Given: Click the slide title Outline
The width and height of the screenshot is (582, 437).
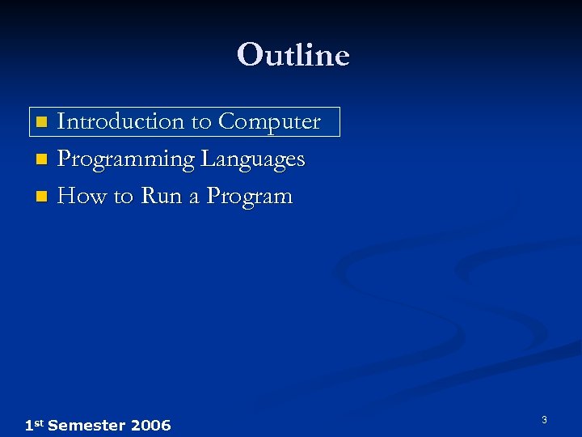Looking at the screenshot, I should [x=293, y=55].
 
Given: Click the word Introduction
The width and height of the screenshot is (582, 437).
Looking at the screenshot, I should [x=121, y=121].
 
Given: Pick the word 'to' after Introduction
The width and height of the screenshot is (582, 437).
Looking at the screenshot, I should [x=200, y=122].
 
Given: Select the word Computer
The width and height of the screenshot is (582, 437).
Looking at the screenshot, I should [x=269, y=121].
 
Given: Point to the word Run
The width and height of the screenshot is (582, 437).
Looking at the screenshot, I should [x=162, y=196].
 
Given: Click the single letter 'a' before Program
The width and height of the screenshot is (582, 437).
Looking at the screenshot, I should [x=194, y=197].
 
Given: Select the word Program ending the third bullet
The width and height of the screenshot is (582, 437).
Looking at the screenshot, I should [x=249, y=197].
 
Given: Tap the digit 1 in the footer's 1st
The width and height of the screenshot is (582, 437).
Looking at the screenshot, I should [x=28, y=425].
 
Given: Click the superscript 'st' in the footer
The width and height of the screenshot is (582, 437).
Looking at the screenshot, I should [x=38, y=422].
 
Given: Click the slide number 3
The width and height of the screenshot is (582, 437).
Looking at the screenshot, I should [x=544, y=420].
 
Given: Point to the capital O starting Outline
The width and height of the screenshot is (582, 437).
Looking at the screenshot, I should [x=249, y=55].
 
